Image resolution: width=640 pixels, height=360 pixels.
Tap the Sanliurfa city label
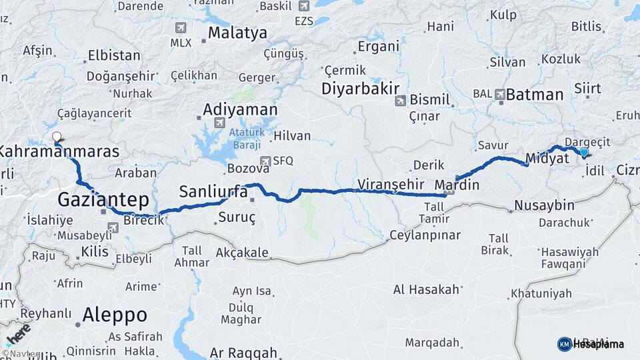[x=213, y=193]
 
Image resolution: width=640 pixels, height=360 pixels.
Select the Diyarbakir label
[x=360, y=89]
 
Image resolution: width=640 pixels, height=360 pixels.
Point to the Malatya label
[x=237, y=33]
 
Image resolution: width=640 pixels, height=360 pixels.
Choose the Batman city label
[x=535, y=95]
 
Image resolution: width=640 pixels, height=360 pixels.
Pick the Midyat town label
[x=547, y=159]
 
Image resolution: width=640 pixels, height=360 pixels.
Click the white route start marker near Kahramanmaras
[x=56, y=138]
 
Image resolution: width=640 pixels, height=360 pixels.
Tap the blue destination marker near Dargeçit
[x=584, y=153]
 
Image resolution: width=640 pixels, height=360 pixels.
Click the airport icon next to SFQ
[x=265, y=161]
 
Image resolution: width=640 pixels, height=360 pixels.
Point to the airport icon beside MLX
[x=180, y=27]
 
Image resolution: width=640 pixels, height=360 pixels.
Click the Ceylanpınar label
[x=425, y=235]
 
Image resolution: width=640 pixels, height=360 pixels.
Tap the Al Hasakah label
[x=427, y=289]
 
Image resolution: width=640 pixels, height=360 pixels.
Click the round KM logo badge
[x=564, y=344]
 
